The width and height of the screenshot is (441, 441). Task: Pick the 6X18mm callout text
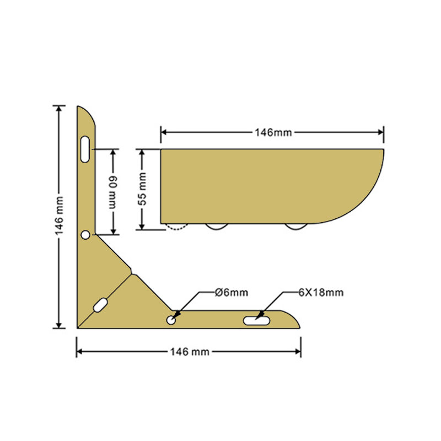[x=320, y=292]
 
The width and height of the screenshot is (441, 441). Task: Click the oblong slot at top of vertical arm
[x=85, y=149]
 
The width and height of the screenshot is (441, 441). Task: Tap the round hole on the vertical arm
[x=85, y=235]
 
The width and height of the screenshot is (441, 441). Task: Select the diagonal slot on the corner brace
[x=100, y=305]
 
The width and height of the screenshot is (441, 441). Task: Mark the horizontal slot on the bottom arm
[x=256, y=320]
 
